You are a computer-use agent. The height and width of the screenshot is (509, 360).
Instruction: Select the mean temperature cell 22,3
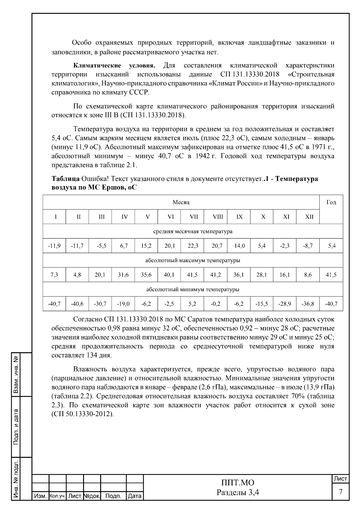[193, 246]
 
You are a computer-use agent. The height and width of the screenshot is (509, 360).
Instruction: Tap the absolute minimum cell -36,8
[308, 304]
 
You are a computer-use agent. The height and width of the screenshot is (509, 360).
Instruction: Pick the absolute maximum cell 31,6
[123, 275]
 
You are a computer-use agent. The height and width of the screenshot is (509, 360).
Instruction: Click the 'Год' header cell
[331, 202]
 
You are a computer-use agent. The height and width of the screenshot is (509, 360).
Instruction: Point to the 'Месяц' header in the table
[181, 202]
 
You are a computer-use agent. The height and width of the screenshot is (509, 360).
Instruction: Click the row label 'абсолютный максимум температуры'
[193, 260]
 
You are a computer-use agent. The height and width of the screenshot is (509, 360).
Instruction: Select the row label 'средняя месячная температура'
[193, 231]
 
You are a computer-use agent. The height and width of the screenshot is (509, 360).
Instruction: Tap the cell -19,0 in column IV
[123, 304]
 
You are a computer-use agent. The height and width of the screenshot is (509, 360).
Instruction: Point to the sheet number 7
[340, 492]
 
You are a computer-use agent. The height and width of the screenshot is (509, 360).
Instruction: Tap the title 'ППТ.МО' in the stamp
[238, 483]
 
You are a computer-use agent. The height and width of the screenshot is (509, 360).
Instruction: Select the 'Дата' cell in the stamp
[134, 496]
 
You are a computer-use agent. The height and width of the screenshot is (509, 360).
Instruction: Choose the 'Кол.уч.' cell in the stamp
[57, 496]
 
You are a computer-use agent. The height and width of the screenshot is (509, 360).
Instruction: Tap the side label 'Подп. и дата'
[16, 427]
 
